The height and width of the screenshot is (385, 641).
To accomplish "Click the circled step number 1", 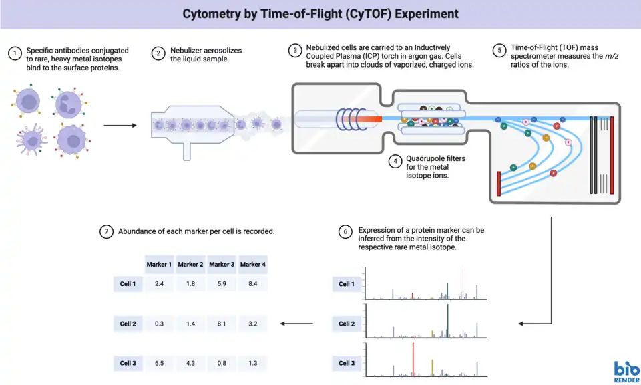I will pyautogui.click(x=14, y=54).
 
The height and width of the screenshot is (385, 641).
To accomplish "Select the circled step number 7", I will pyautogui.click(x=105, y=231).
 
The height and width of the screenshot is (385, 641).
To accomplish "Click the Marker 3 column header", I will pyautogui.click(x=222, y=265).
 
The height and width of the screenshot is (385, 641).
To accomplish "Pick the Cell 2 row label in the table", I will pyautogui.click(x=128, y=324).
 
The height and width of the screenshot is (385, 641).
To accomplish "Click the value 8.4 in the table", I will pyautogui.click(x=252, y=284).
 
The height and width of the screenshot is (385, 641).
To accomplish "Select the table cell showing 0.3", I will pyautogui.click(x=159, y=324).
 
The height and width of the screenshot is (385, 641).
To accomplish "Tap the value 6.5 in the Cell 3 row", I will pyautogui.click(x=159, y=363).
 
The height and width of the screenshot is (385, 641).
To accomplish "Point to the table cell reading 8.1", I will pyautogui.click(x=222, y=324).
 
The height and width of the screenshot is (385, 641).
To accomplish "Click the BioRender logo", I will pyautogui.click(x=626, y=372).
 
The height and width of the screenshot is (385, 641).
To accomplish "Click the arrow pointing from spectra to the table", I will pyautogui.click(x=297, y=324).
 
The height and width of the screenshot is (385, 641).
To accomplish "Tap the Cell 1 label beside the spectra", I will pyautogui.click(x=347, y=284).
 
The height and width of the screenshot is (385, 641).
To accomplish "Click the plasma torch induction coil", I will pyautogui.click(x=348, y=118).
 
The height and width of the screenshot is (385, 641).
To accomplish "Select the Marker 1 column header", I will pyautogui.click(x=159, y=265).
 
